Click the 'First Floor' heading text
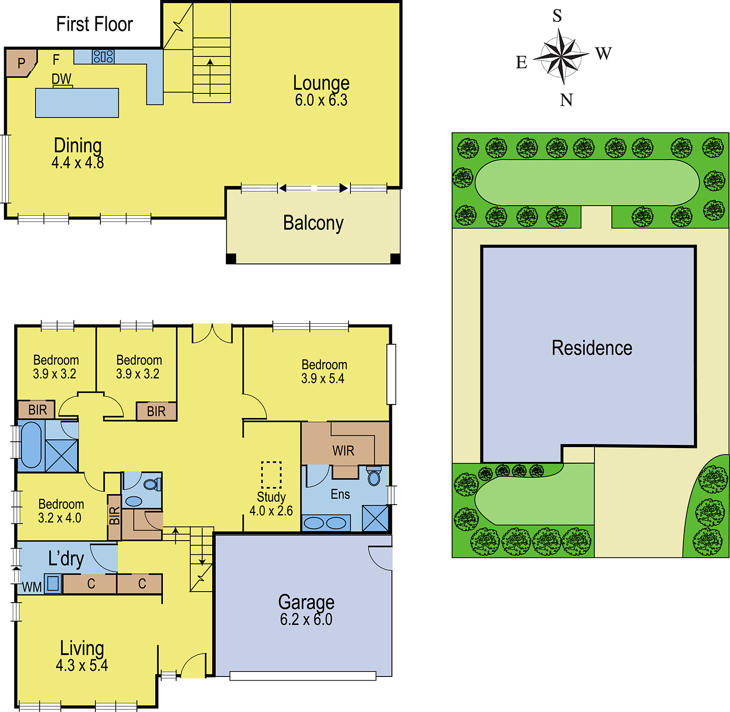[94, 24]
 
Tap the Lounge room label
[321, 83]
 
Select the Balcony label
[313, 223]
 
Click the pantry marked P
[21, 63]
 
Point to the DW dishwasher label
[62, 79]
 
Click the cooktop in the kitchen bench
[103, 57]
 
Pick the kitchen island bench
[77, 103]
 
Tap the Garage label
[306, 602]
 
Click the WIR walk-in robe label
[343, 451]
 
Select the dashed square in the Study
[271, 475]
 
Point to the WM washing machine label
[32, 587]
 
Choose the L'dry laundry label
[66, 559]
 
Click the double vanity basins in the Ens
[325, 523]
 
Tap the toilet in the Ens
[374, 476]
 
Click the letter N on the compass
[566, 100]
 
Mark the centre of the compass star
[561, 57]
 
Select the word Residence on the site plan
[592, 348]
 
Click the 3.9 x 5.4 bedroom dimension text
[323, 379]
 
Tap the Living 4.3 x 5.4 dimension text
[82, 666]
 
